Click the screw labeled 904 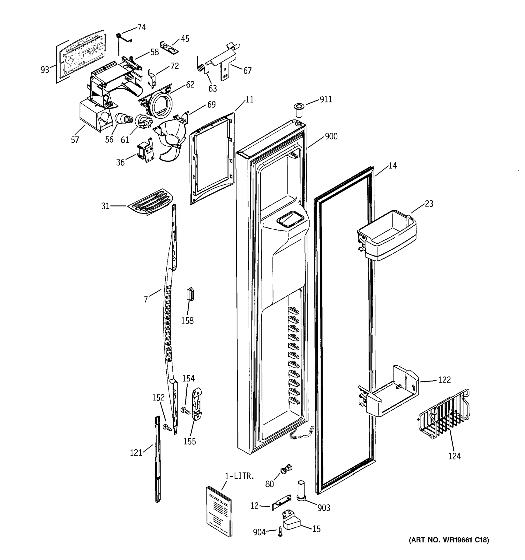click(x=280, y=531)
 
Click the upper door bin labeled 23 click(x=386, y=235)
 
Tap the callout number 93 click(x=45, y=70)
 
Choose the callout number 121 click(x=136, y=453)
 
